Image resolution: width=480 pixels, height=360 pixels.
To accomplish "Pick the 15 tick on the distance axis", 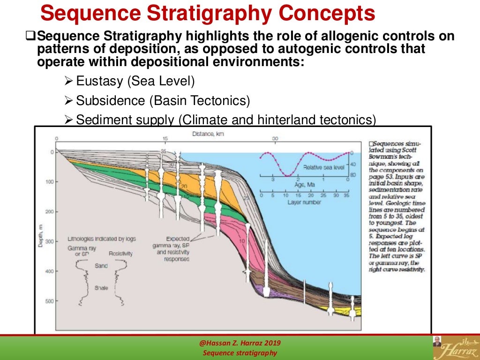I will [165, 139].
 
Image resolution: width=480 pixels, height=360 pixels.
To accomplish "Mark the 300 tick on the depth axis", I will [49, 241].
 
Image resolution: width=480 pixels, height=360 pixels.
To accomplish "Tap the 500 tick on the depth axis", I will [49, 301].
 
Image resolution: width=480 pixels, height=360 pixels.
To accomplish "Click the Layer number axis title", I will [304, 202].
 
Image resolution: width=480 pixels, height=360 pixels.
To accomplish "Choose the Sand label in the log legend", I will [101, 266].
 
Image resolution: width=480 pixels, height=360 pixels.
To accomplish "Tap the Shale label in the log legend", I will [101, 287].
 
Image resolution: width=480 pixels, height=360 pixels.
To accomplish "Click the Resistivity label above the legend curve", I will [120, 254].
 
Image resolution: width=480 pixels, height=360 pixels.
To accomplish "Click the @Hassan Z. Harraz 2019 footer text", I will [240, 343].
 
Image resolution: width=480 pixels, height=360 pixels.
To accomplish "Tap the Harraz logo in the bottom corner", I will [455, 347].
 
